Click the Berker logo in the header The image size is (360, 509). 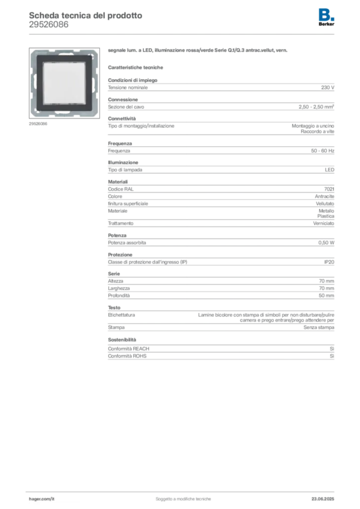click(326, 17)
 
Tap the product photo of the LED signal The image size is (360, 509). click(64, 83)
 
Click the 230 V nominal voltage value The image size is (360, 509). click(328, 87)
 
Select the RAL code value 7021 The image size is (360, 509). click(329, 189)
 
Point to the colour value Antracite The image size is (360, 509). click(324, 196)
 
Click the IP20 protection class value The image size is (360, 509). click(329, 262)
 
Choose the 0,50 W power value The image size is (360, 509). click(326, 243)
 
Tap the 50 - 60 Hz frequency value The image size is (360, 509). click(323, 151)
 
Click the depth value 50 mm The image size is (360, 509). click(326, 295)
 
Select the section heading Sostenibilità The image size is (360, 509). click(122, 339)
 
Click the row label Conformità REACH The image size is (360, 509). click(129, 348)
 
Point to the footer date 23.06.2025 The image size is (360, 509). click(323, 499)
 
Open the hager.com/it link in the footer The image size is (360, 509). click(42, 499)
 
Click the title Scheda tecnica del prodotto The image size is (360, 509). click(86, 15)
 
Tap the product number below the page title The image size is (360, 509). click(49, 24)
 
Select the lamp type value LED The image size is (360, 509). click(330, 170)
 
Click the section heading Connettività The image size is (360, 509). click(122, 118)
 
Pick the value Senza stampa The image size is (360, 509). click(319, 327)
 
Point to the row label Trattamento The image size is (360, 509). click(121, 223)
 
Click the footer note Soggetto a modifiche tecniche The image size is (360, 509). click(183, 499)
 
